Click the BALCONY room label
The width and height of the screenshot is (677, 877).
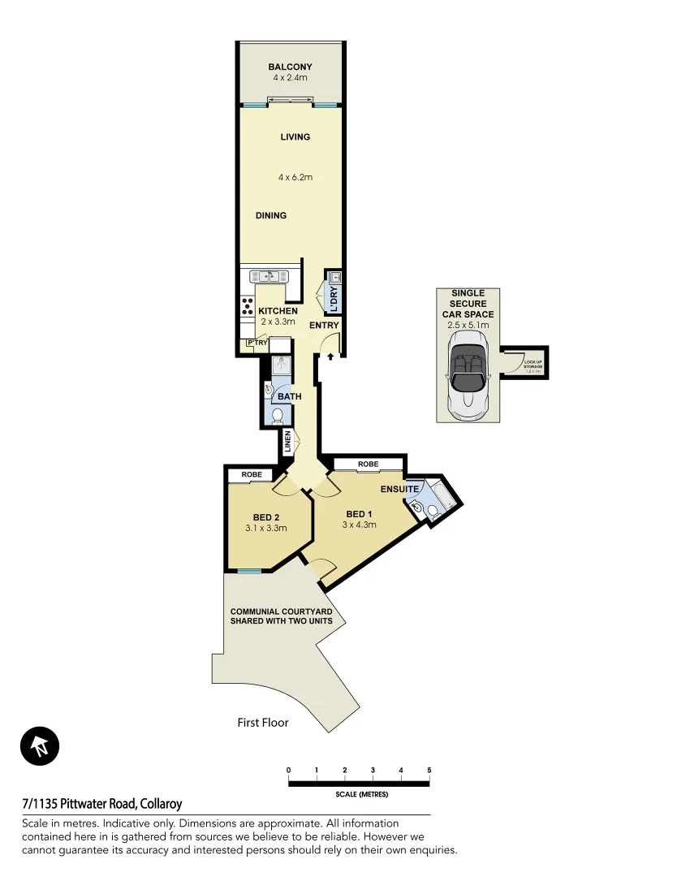tap(290, 67)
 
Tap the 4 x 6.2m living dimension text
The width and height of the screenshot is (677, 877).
tap(295, 177)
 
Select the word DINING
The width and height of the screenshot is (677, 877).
tap(271, 216)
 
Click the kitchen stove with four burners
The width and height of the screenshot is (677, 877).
tap(247, 306)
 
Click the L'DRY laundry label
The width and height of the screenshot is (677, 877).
tap(334, 299)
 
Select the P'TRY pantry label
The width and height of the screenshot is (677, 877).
tap(257, 343)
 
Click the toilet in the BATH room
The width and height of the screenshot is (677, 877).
tap(278, 417)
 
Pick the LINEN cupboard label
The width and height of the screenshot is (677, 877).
tap(287, 443)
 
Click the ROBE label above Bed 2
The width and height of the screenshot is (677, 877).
tap(250, 474)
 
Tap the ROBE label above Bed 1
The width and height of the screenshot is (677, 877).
tap(368, 464)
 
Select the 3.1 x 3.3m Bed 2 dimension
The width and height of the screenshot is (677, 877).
tap(267, 528)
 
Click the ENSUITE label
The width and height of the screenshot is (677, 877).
tap(399, 490)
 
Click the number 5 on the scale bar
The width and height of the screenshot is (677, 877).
tap(429, 770)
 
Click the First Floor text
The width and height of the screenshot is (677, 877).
tap(262, 722)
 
